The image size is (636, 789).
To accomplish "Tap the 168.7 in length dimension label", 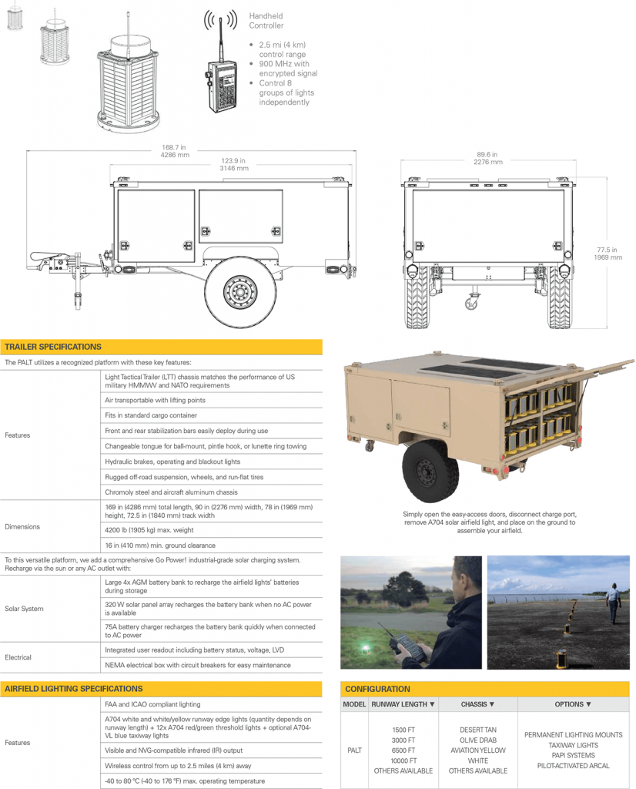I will [x=173, y=150].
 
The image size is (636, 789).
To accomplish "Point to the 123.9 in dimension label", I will [x=234, y=164].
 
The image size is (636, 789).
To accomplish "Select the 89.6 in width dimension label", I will [x=487, y=158].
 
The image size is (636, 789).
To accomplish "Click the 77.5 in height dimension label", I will [x=608, y=253].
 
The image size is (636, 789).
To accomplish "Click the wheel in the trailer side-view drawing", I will [x=240, y=292].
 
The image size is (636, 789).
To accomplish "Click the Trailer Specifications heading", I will [x=53, y=347].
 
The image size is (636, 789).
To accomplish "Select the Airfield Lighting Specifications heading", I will [x=74, y=688].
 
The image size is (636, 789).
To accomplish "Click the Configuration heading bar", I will [x=377, y=689].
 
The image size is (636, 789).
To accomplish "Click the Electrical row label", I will [x=18, y=657].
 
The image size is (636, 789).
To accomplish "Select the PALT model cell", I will [x=353, y=750].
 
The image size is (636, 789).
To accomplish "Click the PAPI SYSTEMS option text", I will [x=574, y=755].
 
